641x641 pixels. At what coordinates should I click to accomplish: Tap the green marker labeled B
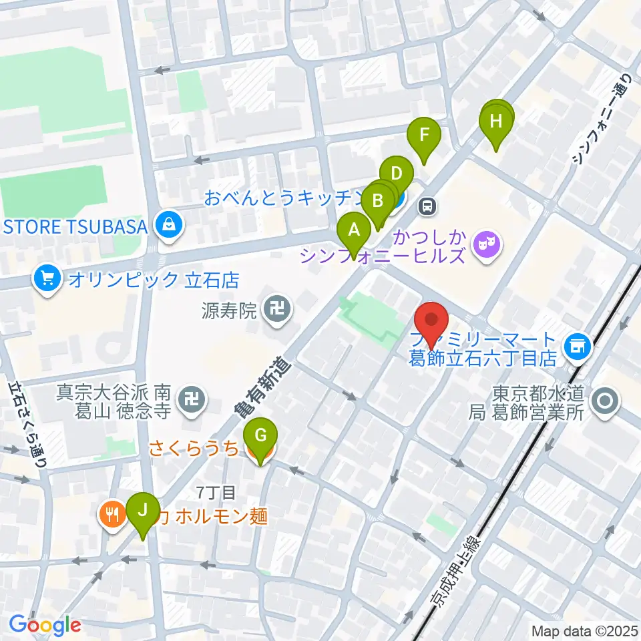tap(377, 200)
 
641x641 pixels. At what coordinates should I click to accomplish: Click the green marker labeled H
tap(495, 122)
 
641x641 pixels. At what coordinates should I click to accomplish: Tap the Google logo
tap(45, 625)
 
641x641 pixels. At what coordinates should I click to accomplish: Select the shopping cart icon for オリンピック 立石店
tap(47, 278)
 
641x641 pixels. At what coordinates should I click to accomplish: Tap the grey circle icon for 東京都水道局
tap(606, 402)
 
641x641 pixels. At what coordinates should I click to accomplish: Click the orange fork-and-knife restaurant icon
tap(111, 513)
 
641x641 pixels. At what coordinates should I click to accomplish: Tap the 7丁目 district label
tap(216, 493)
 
